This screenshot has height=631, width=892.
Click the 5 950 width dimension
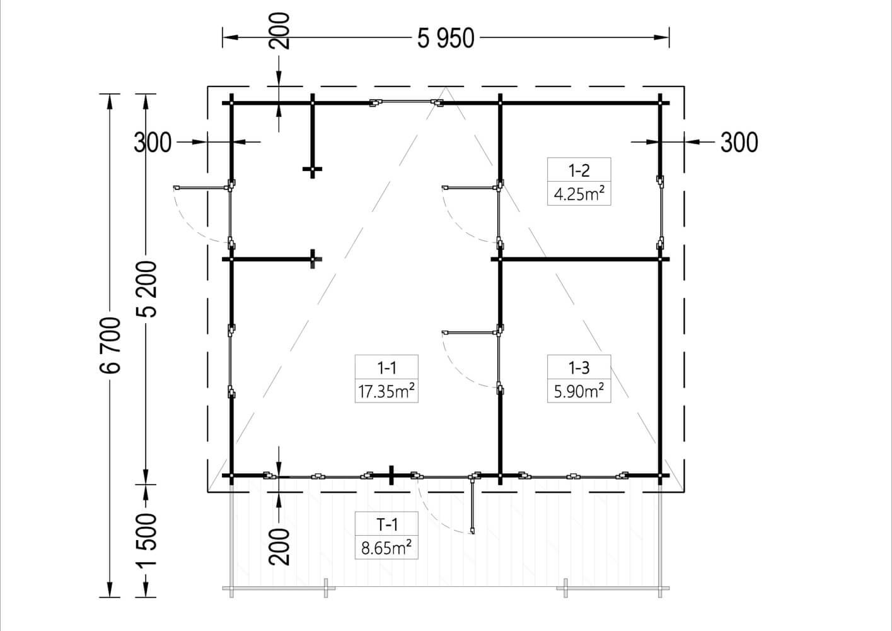pyautogui.click(x=446, y=38)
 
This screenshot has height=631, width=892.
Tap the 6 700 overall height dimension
pyautogui.click(x=110, y=345)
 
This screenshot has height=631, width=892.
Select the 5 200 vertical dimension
pyautogui.click(x=146, y=289)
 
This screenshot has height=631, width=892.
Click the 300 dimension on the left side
pyautogui.click(x=153, y=143)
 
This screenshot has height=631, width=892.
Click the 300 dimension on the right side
pyautogui.click(x=739, y=143)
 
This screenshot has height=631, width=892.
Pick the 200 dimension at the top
pyautogui.click(x=279, y=31)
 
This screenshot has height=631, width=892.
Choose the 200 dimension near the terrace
pyautogui.click(x=279, y=546)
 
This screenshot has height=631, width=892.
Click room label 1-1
pyautogui.click(x=386, y=367)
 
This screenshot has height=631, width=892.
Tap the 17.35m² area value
pyautogui.click(x=386, y=391)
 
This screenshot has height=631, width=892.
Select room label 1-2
pyautogui.click(x=579, y=170)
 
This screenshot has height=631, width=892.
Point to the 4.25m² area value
pyautogui.click(x=579, y=194)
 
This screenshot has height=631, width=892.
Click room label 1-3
pyautogui.click(x=579, y=367)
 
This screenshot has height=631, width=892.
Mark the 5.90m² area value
pyautogui.click(x=579, y=391)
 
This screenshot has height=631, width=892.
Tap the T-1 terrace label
pyautogui.click(x=386, y=524)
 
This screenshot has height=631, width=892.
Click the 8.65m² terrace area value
pyautogui.click(x=386, y=548)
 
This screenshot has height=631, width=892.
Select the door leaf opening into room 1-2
pyautogui.click(x=470, y=187)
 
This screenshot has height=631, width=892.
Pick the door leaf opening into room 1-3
pyautogui.click(x=470, y=332)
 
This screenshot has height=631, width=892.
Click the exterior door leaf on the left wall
pyautogui.click(x=202, y=187)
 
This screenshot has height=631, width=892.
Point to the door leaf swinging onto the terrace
pyautogui.click(x=472, y=505)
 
